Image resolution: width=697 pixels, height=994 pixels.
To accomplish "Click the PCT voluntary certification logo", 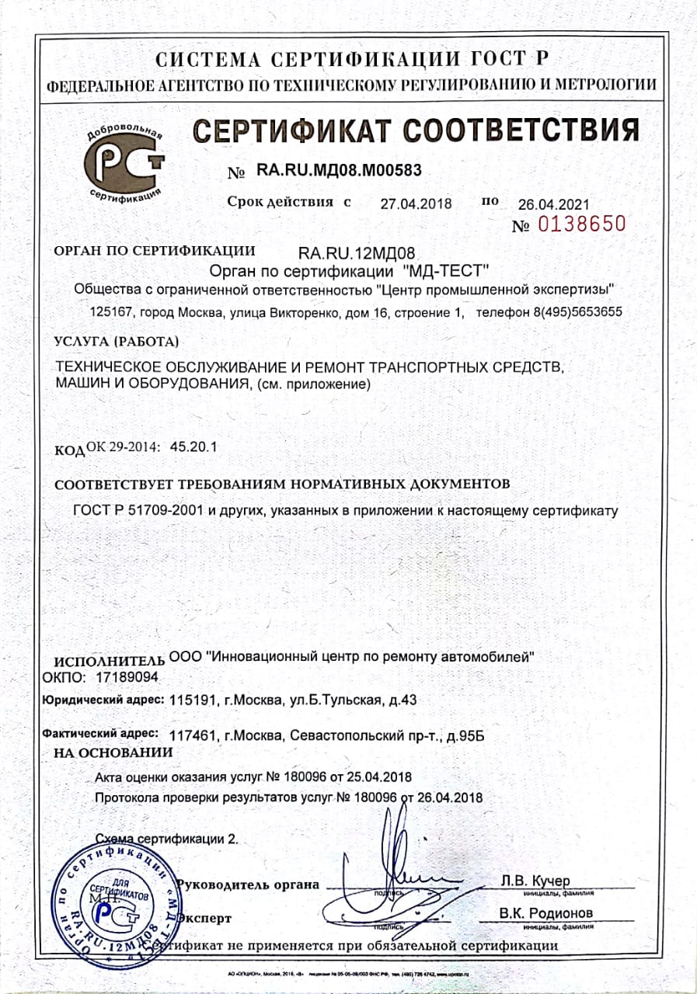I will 124,162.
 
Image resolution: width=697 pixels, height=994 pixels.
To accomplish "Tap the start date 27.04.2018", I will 416,204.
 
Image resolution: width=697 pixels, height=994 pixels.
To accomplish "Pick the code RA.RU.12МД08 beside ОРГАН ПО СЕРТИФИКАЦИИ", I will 357,252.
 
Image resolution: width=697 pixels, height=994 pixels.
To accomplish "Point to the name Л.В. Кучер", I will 535,881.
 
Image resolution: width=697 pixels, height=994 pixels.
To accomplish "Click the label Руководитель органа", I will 249,885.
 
